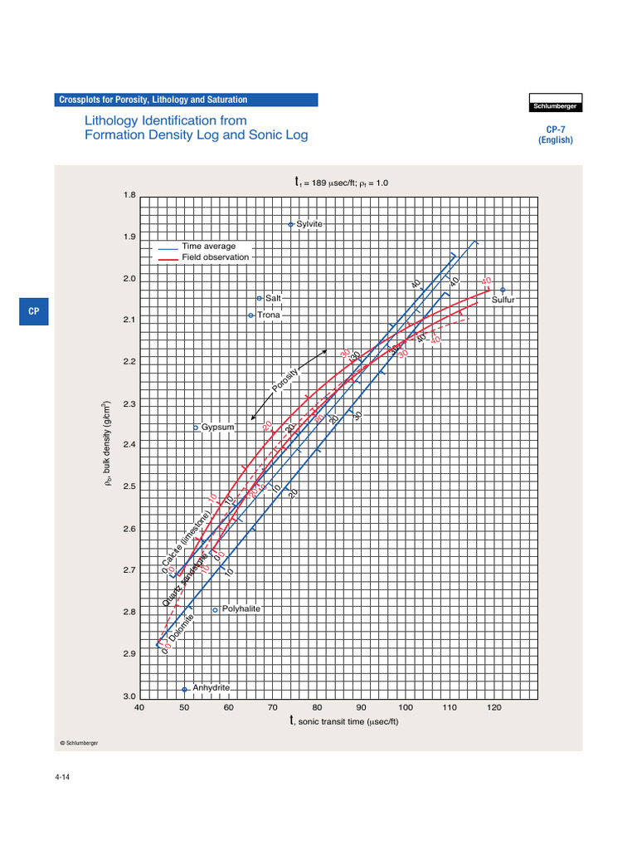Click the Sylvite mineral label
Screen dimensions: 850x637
pos(309,224)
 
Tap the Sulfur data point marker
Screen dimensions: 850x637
pos(503,289)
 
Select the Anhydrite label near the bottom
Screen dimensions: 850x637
pos(211,688)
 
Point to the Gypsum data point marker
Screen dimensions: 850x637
pos(196,427)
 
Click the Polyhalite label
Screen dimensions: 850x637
pos(241,608)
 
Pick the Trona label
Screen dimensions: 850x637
pos(268,315)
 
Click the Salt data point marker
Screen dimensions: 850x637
pos(259,298)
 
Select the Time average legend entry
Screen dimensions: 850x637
pos(208,247)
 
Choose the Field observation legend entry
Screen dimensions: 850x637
pos(215,257)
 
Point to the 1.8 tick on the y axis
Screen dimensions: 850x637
pos(129,195)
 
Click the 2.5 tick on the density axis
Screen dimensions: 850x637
pos(129,486)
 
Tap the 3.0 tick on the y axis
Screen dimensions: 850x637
pos(129,696)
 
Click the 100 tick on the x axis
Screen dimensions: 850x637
pos(406,707)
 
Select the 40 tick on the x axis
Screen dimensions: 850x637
pos(139,707)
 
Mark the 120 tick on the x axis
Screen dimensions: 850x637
pos(494,707)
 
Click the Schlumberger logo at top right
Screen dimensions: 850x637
pos(555,106)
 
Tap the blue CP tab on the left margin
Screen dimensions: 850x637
pos(34,311)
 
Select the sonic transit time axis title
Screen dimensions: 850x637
pos(344,721)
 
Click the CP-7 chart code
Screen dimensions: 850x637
pos(555,129)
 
